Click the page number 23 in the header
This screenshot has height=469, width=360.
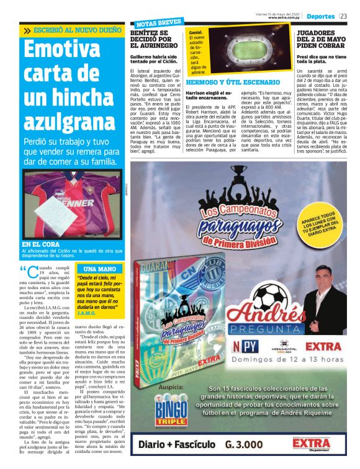tap(344, 16)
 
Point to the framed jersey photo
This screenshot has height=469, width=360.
tap(72, 205)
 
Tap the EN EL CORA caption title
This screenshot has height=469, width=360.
tap(42, 244)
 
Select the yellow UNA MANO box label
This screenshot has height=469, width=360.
tap(100, 269)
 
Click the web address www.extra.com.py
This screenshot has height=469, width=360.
tap(285, 18)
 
